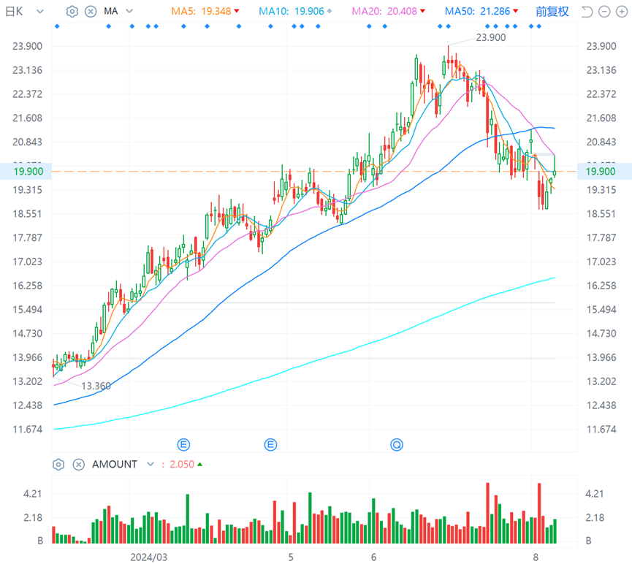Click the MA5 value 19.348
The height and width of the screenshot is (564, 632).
[x=216, y=11]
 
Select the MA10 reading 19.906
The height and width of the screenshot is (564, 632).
[x=309, y=11]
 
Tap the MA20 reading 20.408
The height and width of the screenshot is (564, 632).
[x=402, y=11]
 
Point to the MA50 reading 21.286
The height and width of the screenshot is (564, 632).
[x=495, y=11]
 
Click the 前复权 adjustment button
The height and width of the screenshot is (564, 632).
[x=552, y=12]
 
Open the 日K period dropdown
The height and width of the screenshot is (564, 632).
[x=24, y=12]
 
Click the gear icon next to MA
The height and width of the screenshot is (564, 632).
[x=72, y=11]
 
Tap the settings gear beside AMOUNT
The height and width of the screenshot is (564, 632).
[x=58, y=465]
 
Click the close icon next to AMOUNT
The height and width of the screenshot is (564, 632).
[x=79, y=465]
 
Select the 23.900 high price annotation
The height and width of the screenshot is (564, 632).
[x=490, y=37]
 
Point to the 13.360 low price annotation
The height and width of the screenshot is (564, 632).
[x=96, y=386]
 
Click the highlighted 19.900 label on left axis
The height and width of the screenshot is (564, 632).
[x=28, y=172]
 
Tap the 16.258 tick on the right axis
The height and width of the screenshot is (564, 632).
[x=601, y=286]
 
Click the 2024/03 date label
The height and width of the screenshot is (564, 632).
[x=149, y=557]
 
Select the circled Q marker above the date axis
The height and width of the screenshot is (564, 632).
[x=397, y=445]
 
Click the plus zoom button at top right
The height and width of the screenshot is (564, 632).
[x=622, y=12]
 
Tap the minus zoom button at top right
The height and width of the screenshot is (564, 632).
[x=604, y=12]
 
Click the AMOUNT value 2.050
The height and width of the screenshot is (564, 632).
[x=182, y=465]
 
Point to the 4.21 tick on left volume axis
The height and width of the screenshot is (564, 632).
[x=32, y=494]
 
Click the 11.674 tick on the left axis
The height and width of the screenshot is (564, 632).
[x=28, y=430]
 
